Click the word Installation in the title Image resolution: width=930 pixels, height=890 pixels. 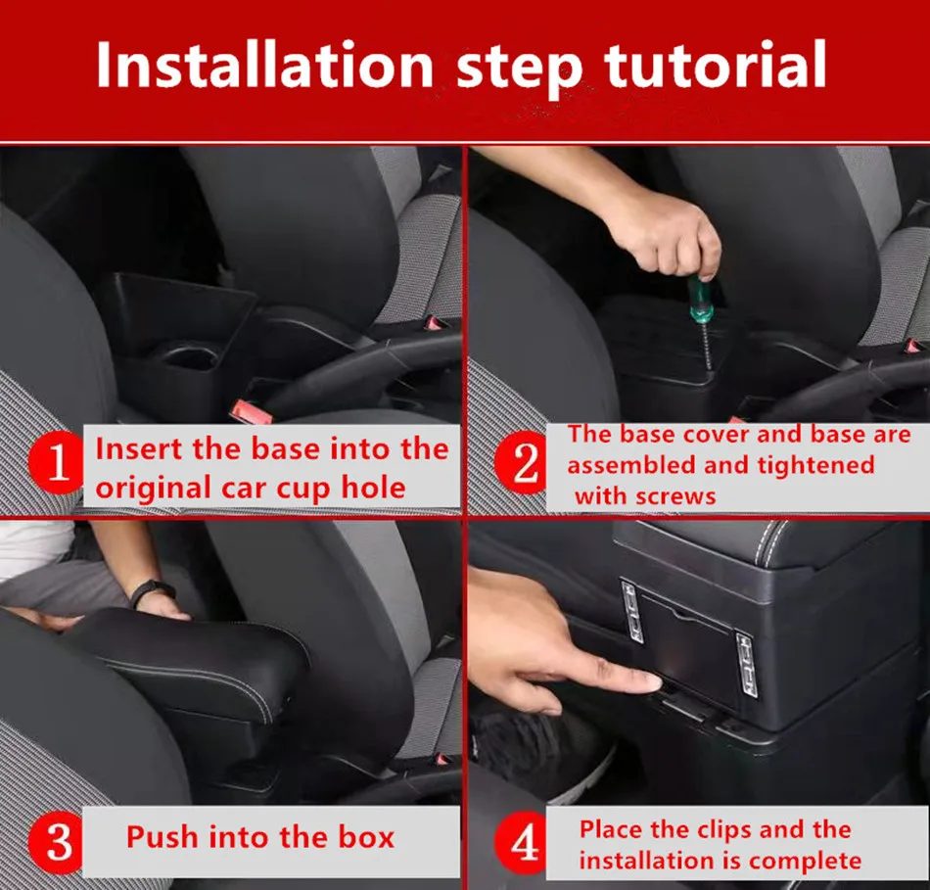264,65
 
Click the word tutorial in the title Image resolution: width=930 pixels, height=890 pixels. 716,65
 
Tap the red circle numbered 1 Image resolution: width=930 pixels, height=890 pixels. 57,463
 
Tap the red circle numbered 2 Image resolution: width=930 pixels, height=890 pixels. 524,462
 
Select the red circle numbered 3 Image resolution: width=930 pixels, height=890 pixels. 58,842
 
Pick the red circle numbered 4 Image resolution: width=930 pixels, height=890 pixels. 524,842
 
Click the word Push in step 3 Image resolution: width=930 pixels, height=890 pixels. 163,837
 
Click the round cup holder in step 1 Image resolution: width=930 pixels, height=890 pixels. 186,356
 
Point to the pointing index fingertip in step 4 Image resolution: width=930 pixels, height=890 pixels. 654,682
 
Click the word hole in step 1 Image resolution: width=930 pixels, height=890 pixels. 373,488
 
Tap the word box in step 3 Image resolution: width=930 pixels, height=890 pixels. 366,837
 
